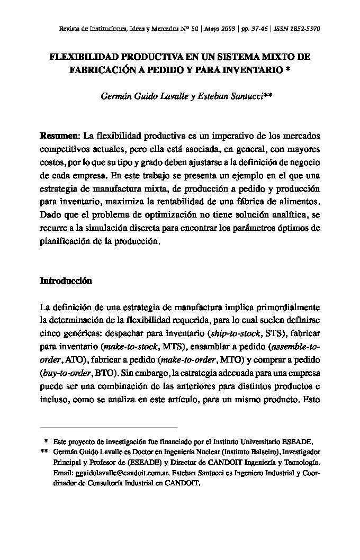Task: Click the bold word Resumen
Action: point(59,137)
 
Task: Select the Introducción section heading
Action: point(66,282)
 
